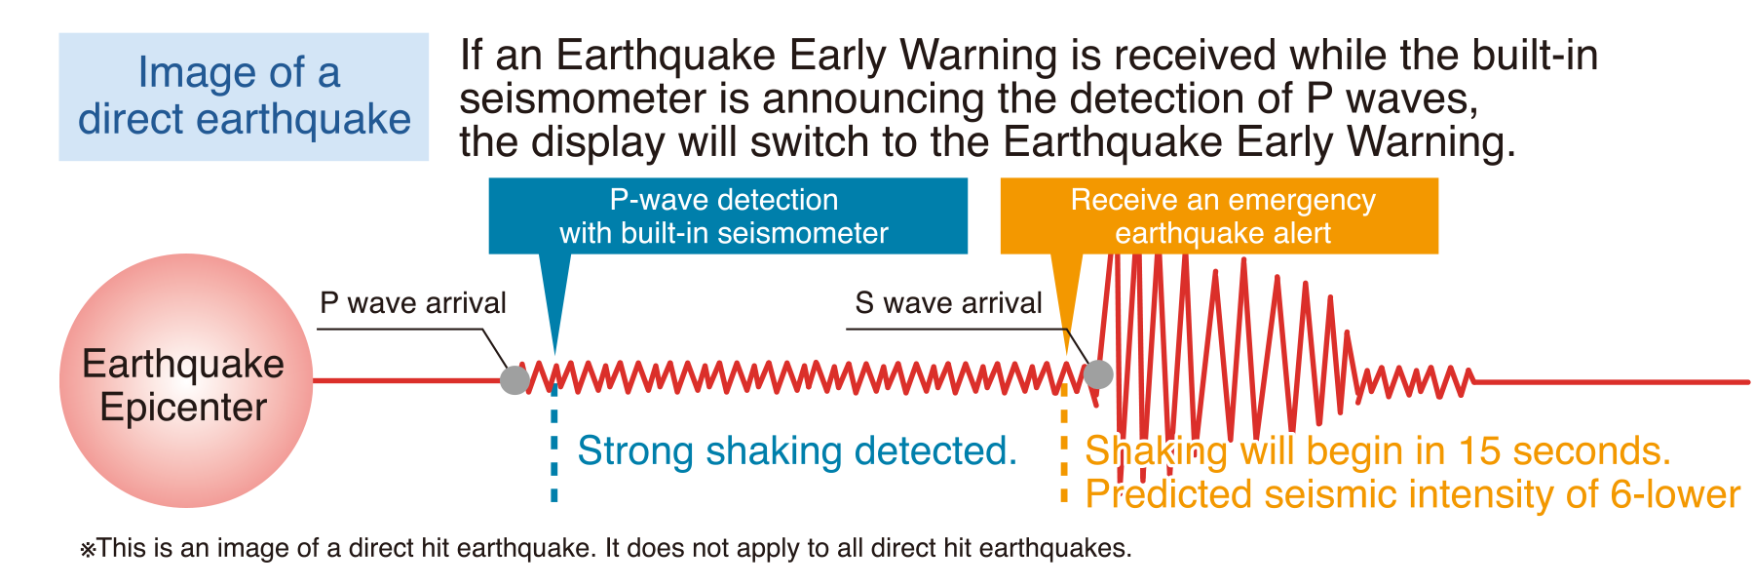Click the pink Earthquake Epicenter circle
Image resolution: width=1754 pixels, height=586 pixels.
click(185, 380)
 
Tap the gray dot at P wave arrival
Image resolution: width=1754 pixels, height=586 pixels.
click(515, 379)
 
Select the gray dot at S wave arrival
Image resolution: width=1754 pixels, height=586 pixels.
click(1098, 373)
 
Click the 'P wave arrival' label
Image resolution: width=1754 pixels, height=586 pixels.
click(413, 303)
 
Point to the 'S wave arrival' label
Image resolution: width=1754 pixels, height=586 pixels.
click(948, 303)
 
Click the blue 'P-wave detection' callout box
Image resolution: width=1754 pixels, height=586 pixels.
click(728, 215)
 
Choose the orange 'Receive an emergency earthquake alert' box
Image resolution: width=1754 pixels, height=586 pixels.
click(1219, 215)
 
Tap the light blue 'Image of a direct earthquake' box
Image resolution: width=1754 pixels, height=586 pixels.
click(244, 97)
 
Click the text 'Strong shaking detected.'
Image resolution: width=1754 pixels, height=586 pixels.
click(797, 450)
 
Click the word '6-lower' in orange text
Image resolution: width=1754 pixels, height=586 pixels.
click(1675, 494)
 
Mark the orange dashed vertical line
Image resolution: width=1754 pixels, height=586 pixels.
click(1064, 444)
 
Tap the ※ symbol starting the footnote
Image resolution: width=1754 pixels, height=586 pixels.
click(88, 549)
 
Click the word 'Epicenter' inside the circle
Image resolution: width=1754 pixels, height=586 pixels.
click(183, 408)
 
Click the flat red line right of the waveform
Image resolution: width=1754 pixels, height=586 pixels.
click(1611, 382)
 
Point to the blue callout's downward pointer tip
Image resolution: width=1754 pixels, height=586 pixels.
click(555, 353)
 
